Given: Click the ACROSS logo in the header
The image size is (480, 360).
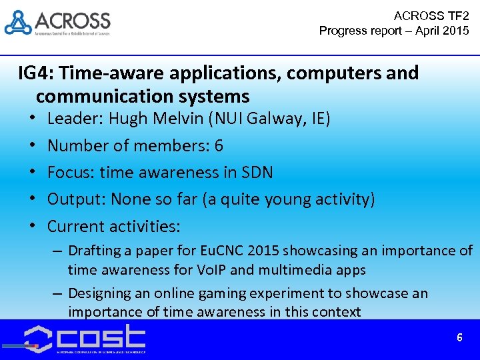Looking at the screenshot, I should coord(57,23).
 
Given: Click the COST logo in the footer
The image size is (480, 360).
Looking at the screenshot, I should coord(85,339).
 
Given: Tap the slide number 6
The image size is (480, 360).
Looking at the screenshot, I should coord(459,338).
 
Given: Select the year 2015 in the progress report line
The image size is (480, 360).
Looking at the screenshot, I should coord(455,31).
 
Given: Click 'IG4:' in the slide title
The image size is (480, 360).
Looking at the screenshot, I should coord(37,73).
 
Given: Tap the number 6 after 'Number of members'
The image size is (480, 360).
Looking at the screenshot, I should coord(219,146).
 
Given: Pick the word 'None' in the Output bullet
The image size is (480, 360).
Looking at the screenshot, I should coord(131,199).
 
